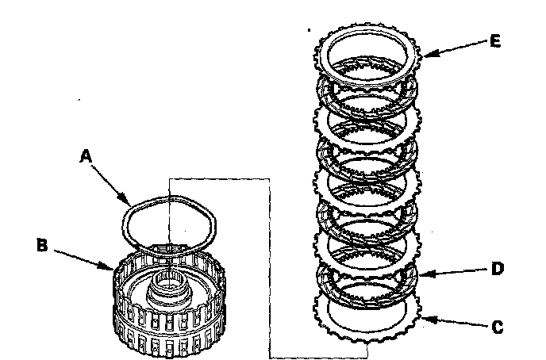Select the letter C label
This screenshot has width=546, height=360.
tap(498, 325)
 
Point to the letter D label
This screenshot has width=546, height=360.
tap(497, 270)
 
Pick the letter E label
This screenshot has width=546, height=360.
tap(494, 41)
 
